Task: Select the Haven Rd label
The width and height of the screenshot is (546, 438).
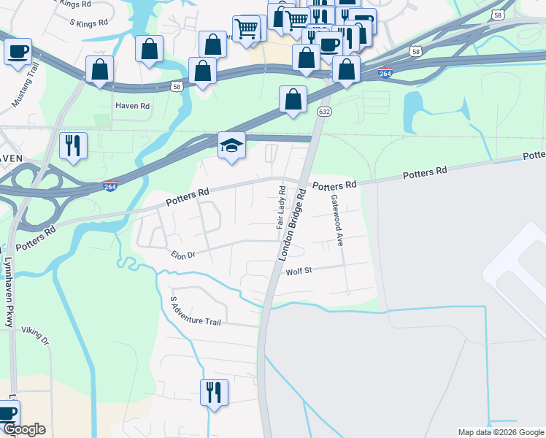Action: coord(132,106)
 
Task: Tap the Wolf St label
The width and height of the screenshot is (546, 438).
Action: coord(299,271)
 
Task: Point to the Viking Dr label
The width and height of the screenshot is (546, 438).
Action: coord(34,336)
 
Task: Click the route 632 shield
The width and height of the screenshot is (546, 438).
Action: coord(323,112)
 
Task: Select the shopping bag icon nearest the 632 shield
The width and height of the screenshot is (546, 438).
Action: coord(293,99)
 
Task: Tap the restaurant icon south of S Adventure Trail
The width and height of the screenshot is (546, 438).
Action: coord(214,392)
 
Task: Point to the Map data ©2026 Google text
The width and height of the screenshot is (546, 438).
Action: coord(500,432)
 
